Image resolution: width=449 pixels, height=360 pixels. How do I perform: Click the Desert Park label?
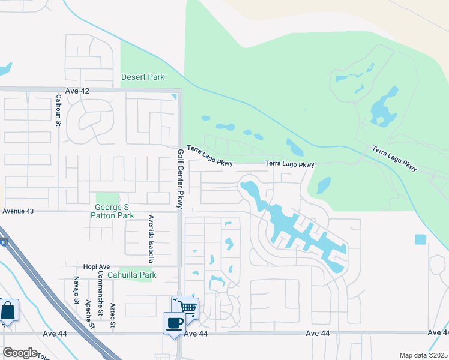pyautogui.click(x=143, y=77)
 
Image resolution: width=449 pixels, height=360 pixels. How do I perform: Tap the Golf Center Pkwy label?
pyautogui.click(x=179, y=178)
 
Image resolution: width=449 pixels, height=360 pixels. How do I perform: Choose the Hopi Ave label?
pyautogui.click(x=96, y=266)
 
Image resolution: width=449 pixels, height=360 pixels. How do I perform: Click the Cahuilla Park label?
pyautogui.click(x=131, y=275)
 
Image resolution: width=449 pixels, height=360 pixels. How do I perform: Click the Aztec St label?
pyautogui.click(x=113, y=316)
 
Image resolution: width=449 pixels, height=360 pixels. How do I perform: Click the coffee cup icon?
pyautogui.click(x=174, y=323)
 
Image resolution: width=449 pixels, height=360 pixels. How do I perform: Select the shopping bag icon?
pyautogui.click(x=8, y=311)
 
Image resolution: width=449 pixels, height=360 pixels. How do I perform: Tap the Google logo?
pyautogui.click(x=20, y=353)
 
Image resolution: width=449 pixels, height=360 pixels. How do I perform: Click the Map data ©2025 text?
pyautogui.click(x=423, y=355)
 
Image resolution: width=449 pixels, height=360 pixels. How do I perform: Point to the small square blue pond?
pyautogui.click(x=420, y=239)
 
